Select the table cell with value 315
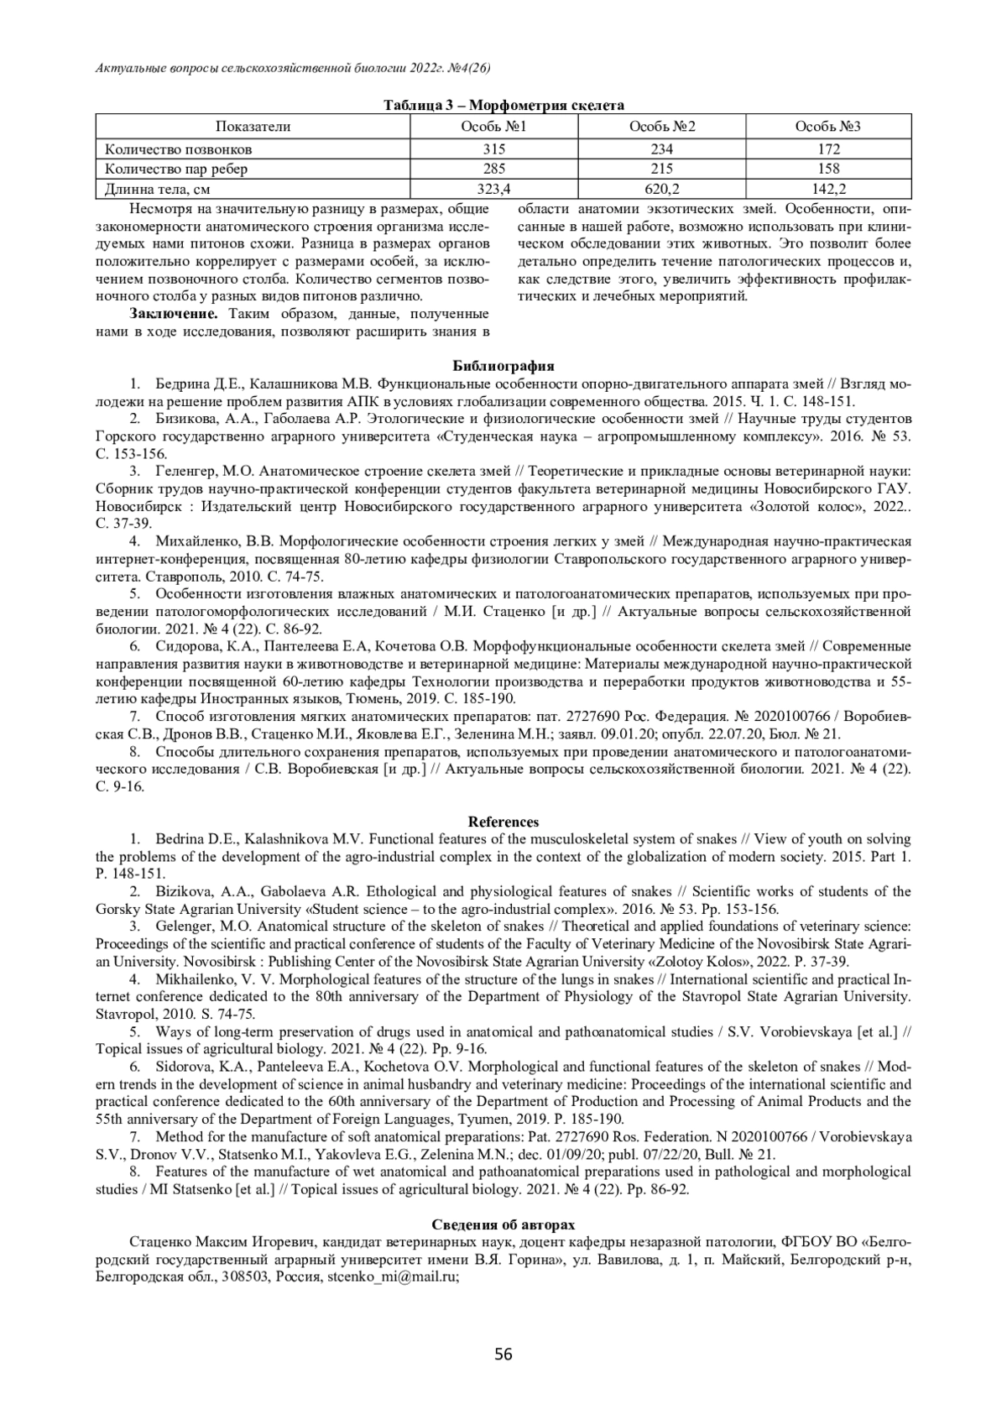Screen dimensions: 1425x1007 [x=493, y=149]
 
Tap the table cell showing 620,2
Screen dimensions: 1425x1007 [x=661, y=189]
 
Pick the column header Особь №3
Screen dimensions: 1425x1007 [x=827, y=127]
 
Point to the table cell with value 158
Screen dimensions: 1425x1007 [x=827, y=170]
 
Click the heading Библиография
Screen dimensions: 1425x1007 [x=503, y=366]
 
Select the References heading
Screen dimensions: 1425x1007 [x=503, y=822]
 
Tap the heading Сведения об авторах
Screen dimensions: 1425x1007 [x=503, y=1224]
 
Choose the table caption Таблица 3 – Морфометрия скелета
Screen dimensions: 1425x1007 [x=503, y=106]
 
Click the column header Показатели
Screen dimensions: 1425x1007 [x=253, y=127]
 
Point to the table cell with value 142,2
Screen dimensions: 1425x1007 [x=827, y=189]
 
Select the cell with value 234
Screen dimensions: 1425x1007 [x=661, y=149]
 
